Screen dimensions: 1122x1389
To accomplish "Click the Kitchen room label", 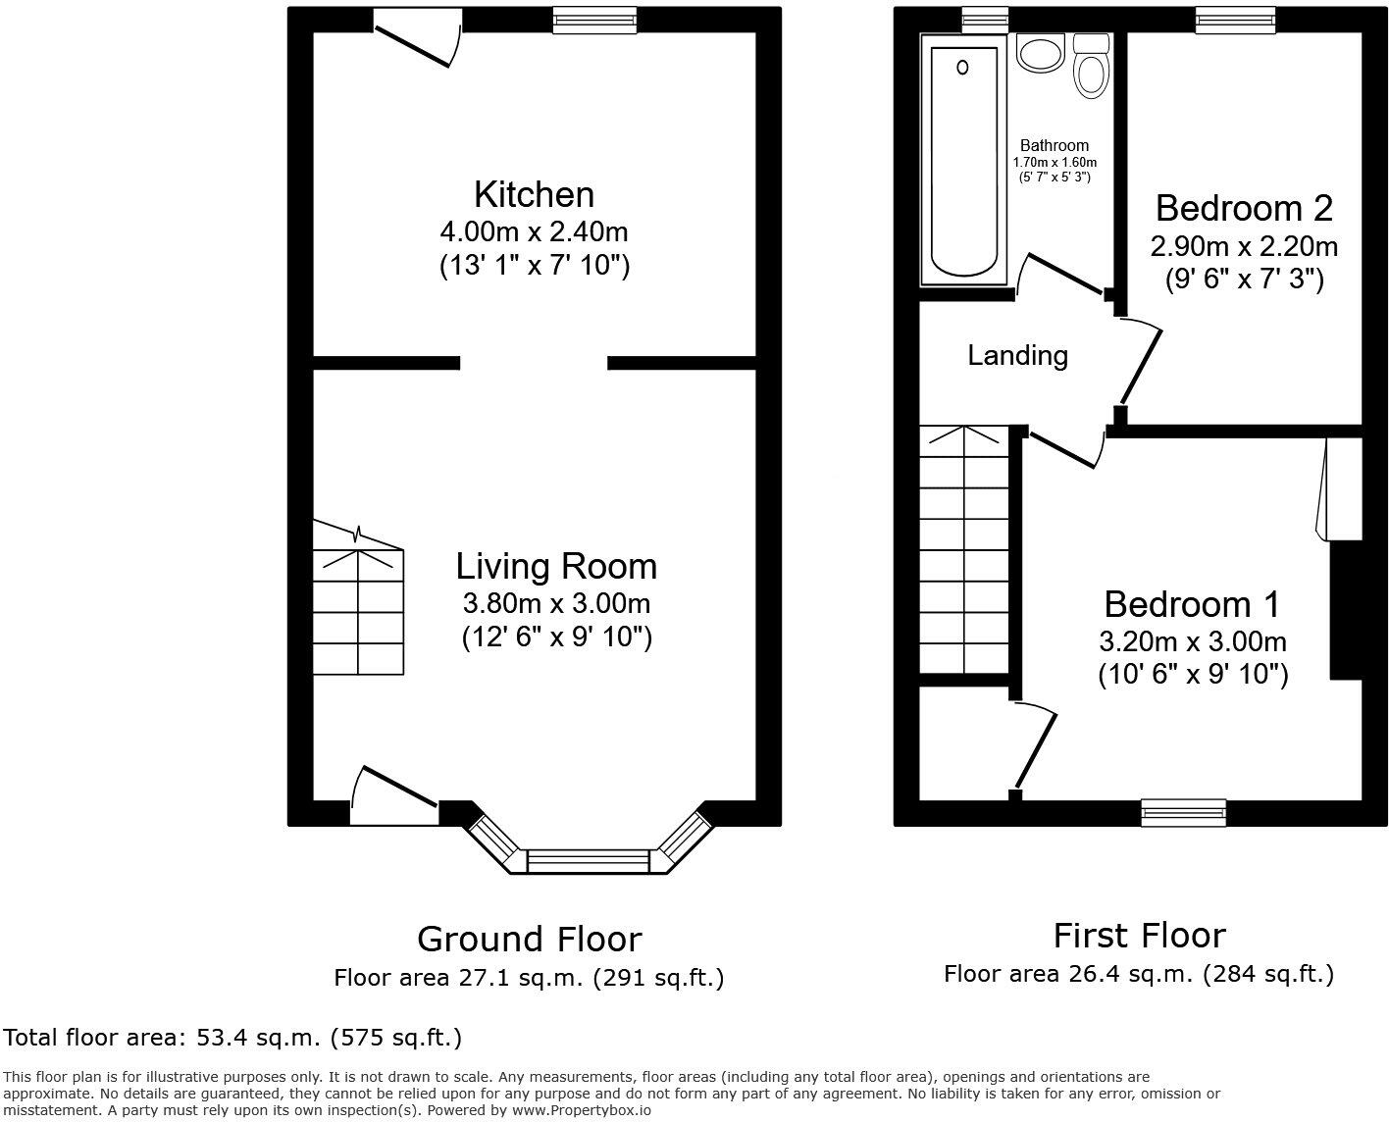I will [x=534, y=194].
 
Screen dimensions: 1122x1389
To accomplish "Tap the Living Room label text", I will [x=556, y=566].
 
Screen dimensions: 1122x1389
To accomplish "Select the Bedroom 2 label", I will [x=1244, y=208].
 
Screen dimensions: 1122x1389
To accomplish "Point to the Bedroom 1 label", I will [x=1192, y=603].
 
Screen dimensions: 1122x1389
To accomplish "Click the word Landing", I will [x=1017, y=355].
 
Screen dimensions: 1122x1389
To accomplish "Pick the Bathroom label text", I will [x=1055, y=145].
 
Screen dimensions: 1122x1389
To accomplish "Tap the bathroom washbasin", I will [x=1040, y=54].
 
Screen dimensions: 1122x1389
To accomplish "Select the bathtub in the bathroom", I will [x=963, y=157].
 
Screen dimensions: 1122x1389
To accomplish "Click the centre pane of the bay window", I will [x=588, y=861].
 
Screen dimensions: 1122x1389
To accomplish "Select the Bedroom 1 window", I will [x=1184, y=812].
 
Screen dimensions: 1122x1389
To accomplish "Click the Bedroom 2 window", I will [x=1235, y=20].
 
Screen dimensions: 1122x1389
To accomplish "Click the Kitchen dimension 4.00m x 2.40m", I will [x=534, y=232].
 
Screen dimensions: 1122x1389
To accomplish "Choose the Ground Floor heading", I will [x=529, y=939].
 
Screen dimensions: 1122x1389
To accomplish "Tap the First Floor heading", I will [x=1139, y=935].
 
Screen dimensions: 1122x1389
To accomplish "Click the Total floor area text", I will [x=232, y=1037].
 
